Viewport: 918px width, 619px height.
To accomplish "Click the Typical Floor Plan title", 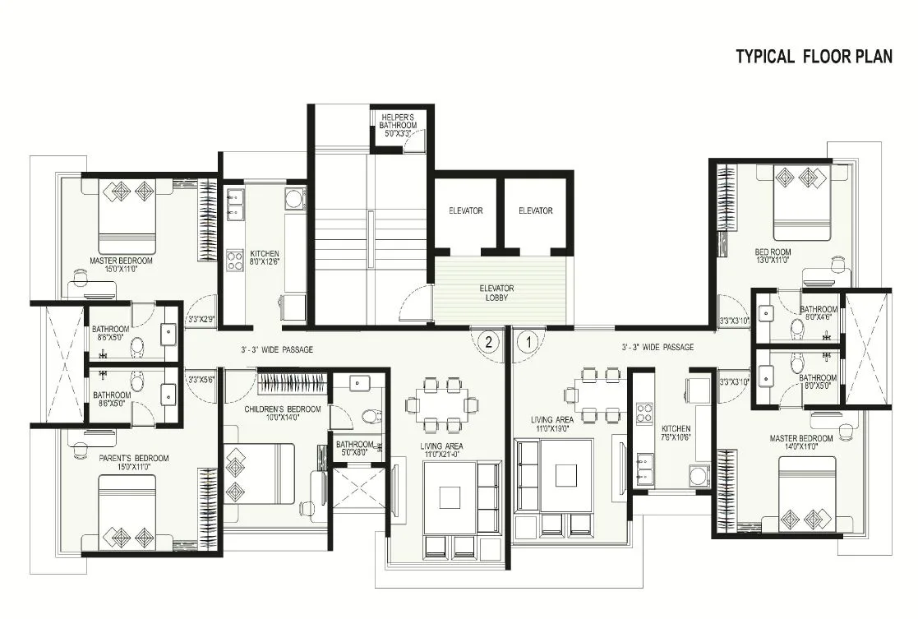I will click(x=814, y=56).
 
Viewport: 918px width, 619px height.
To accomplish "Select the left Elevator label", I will click(x=466, y=211).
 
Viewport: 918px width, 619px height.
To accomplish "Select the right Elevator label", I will click(x=536, y=211).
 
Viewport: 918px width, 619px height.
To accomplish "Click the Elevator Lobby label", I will click(x=496, y=293).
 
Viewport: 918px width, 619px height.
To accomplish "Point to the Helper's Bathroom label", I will click(x=399, y=121).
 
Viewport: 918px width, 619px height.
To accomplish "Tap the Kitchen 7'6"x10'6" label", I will click(x=676, y=434).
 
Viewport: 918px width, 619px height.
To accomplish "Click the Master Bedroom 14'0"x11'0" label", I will click(x=801, y=443).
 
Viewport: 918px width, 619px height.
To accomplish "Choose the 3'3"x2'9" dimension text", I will click(x=201, y=318).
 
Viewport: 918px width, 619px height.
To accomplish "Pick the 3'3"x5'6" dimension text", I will click(x=201, y=380).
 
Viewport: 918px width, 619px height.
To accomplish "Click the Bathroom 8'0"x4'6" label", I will click(x=819, y=314).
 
